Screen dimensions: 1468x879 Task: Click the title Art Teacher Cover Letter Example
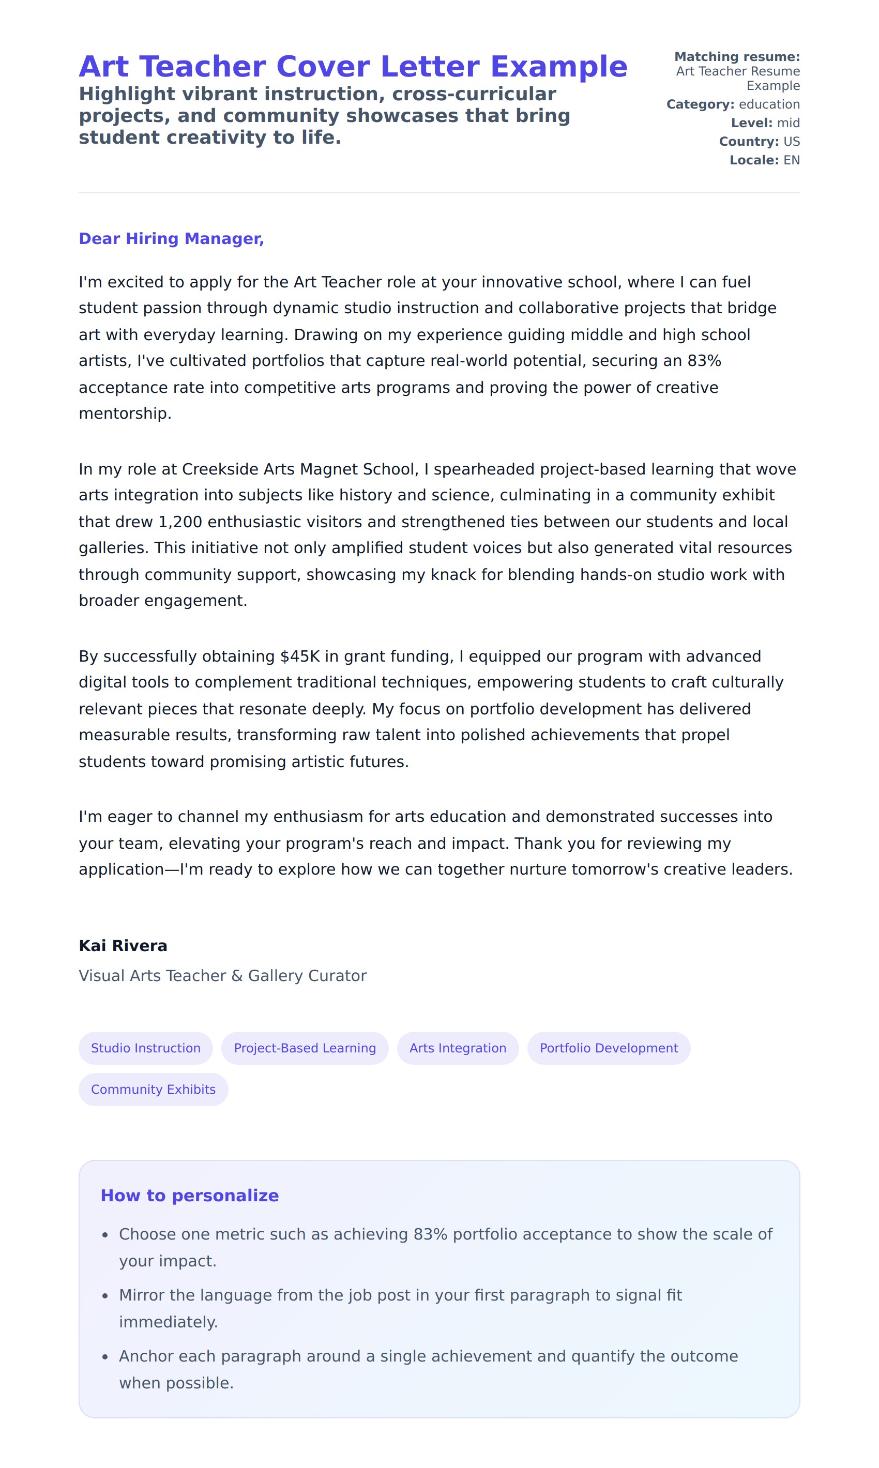point(353,66)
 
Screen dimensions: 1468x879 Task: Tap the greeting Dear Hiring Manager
point(171,239)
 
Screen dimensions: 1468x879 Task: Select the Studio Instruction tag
point(146,1048)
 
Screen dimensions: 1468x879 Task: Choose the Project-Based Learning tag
point(305,1048)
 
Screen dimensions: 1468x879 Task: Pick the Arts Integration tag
point(458,1048)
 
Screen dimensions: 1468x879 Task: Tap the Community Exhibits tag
point(154,1090)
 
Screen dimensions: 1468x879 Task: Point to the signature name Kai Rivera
point(123,946)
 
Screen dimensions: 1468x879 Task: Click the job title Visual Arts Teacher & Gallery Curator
point(223,976)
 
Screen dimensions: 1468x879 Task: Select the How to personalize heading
point(190,1196)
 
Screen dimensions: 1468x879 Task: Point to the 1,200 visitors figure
point(180,522)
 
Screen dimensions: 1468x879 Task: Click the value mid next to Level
point(789,123)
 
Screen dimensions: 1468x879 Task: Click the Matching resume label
point(737,57)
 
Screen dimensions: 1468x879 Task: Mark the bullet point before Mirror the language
point(105,1296)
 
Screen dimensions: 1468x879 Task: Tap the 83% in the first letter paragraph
point(704,361)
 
